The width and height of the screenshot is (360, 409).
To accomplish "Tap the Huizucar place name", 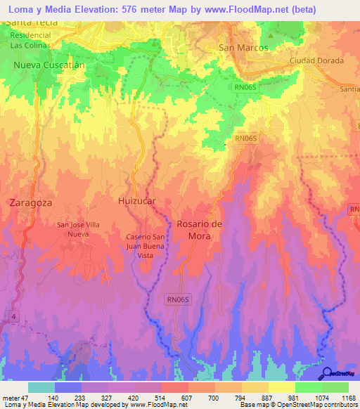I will pos(136,200).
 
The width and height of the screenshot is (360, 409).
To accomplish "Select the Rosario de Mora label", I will pos(200,230).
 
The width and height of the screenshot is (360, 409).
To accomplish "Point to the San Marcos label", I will pos(244,48).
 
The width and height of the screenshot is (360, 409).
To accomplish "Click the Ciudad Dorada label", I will pos(316,60).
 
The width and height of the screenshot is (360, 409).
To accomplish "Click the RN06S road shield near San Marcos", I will pos(247,86).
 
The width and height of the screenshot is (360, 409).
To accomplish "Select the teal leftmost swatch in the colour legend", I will pos(41,387).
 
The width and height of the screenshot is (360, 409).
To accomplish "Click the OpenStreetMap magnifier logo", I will pos(327,373).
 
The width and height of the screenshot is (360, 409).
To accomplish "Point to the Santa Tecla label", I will pos(32,22).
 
